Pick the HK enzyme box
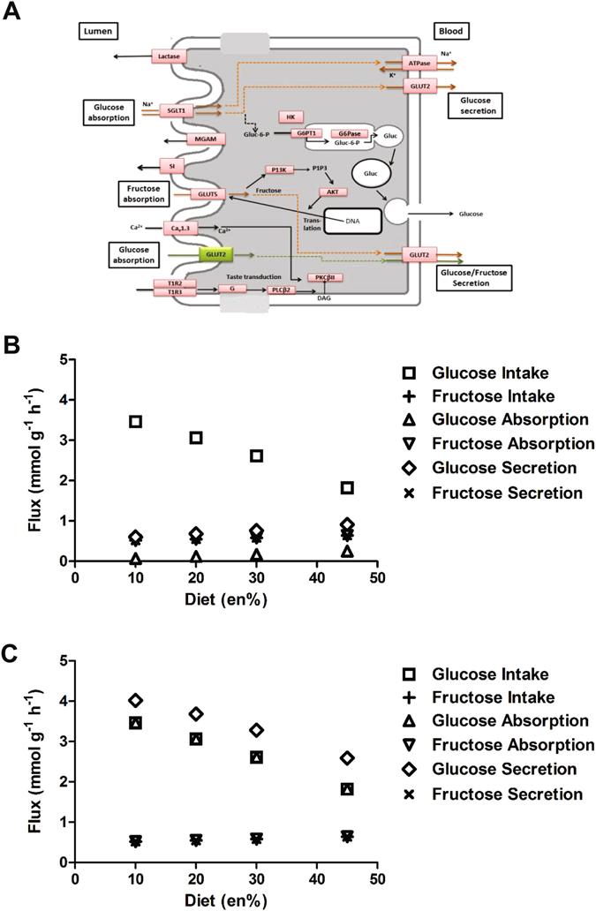[x=290, y=117]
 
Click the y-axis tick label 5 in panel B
[x=63, y=359]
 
